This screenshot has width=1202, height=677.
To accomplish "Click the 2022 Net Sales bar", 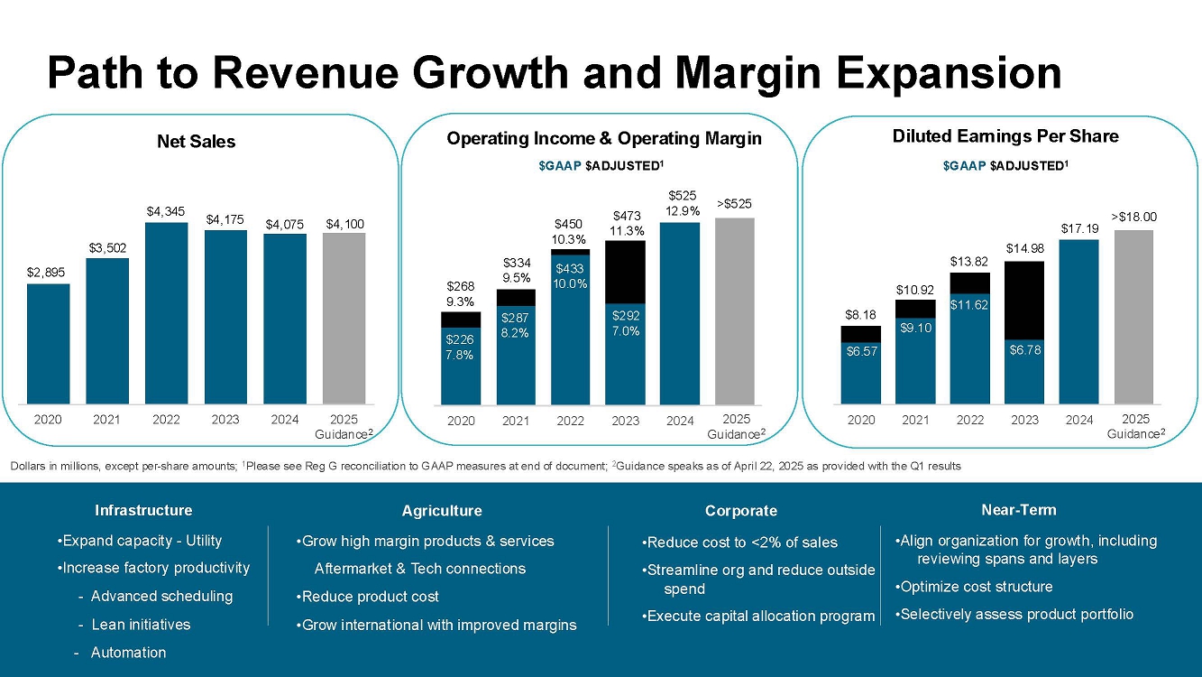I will pos(166,312).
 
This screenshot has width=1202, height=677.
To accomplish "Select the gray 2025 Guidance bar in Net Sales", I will pos(344,318).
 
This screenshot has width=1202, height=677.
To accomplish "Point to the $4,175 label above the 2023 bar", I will pos(225,218).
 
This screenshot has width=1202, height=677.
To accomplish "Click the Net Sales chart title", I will pos(196,142).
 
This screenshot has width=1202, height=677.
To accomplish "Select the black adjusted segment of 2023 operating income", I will pos(625,272).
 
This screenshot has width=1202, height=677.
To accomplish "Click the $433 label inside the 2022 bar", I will pos(570,269).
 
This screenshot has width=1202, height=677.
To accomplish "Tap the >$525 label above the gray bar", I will pos(736,205).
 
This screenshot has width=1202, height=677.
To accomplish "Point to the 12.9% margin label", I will pos(680,210).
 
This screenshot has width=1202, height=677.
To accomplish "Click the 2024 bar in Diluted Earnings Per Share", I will pos(1078,321).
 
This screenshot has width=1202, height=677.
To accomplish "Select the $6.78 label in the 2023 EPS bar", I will pos(1023,349).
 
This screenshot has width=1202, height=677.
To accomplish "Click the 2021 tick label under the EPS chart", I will pos(915,420).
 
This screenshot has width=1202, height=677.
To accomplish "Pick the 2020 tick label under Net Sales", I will pos(48,419).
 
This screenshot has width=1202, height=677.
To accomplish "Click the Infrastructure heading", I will pos(143,510).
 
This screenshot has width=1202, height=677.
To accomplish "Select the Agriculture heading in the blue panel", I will pos(442,511).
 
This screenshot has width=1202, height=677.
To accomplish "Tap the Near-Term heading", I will pos(1018,510).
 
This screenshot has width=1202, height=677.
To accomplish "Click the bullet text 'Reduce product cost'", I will pos(371,597).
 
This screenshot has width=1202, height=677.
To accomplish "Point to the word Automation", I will pos(128,653).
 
